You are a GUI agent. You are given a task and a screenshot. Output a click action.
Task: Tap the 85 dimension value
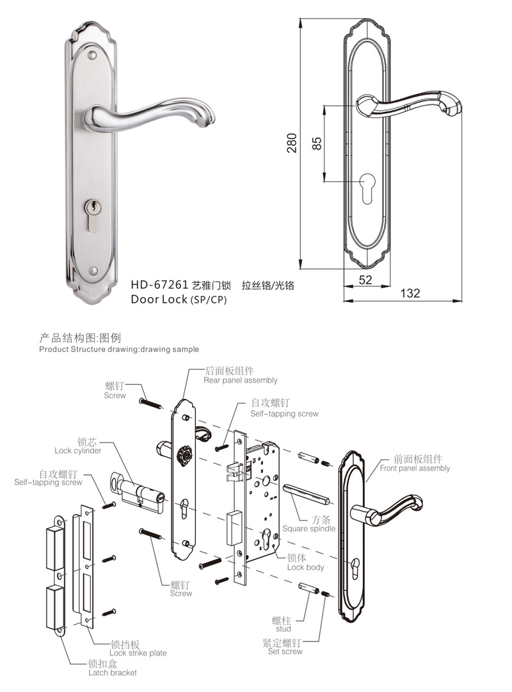[x=316, y=142]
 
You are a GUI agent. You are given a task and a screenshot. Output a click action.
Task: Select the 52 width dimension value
[x=365, y=280]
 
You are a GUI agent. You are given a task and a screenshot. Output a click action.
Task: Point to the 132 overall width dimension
[x=410, y=293]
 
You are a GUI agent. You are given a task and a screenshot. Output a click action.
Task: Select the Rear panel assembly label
[x=240, y=380]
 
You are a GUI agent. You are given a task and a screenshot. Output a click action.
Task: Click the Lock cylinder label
[x=77, y=451]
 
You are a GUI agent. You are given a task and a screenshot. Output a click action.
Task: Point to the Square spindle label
[x=308, y=529]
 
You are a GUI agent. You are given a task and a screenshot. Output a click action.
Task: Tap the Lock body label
[x=305, y=567]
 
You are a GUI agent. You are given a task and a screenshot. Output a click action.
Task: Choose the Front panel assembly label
[x=415, y=468]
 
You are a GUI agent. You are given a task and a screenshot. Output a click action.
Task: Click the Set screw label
[x=282, y=651]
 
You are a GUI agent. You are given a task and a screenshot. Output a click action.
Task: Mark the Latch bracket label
[x=112, y=672]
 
